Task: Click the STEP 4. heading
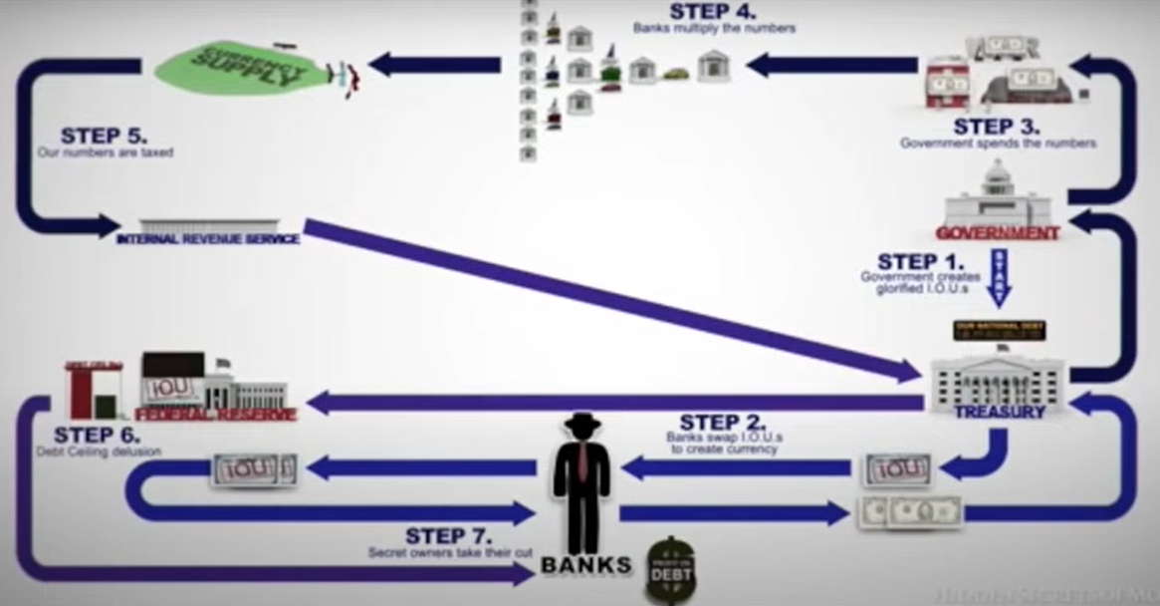pyautogui.click(x=712, y=12)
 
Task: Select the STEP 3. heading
pyautogui.click(x=997, y=127)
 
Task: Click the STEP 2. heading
pyautogui.click(x=724, y=422)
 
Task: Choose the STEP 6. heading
pyautogui.click(x=97, y=435)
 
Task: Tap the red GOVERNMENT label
pyautogui.click(x=997, y=233)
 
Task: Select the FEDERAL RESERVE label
pyautogui.click(x=216, y=414)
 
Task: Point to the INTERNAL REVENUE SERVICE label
pyautogui.click(x=208, y=239)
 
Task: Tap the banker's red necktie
pyautogui.click(x=581, y=468)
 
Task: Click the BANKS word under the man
pyautogui.click(x=585, y=565)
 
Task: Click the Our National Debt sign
pyautogui.click(x=999, y=330)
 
